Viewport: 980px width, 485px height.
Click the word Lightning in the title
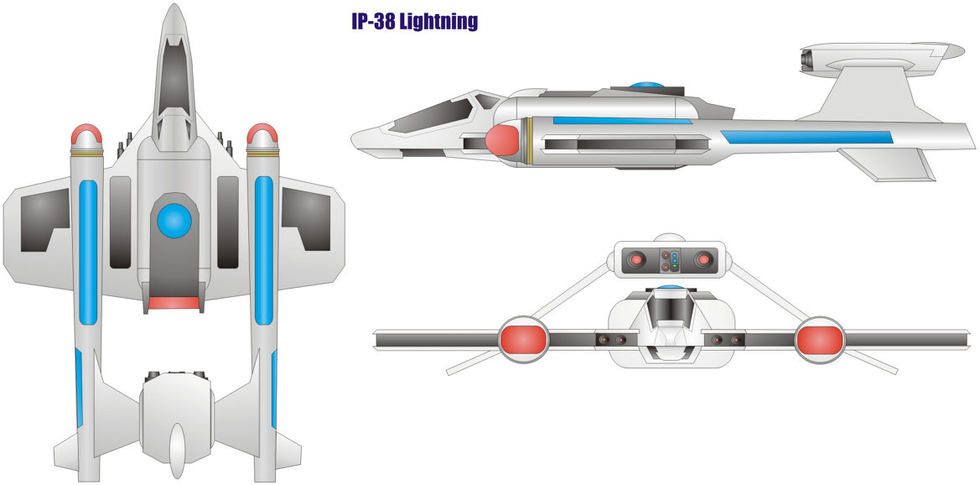[438, 22]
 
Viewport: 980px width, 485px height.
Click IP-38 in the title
[372, 21]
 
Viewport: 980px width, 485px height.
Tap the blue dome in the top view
[174, 221]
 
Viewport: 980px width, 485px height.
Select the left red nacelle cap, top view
[86, 133]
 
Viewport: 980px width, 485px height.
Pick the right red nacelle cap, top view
[262, 133]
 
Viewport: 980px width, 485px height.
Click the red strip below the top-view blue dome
[174, 303]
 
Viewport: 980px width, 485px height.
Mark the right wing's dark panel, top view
[306, 219]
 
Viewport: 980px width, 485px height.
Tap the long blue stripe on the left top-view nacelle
[88, 253]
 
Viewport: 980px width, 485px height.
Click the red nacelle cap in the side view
[502, 139]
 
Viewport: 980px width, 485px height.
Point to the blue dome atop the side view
[647, 85]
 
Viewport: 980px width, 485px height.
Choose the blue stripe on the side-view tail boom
[806, 138]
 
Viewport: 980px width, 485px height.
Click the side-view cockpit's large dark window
[430, 116]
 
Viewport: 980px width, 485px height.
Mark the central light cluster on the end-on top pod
[670, 260]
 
